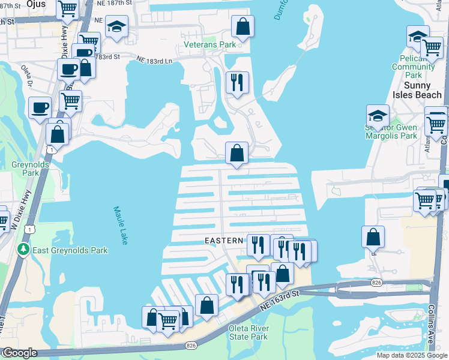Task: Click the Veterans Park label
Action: (209, 45)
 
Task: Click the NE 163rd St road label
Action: (279, 299)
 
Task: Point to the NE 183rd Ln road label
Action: (154, 60)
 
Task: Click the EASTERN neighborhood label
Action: (224, 241)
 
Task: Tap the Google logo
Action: (20, 353)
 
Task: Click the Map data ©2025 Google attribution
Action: (411, 355)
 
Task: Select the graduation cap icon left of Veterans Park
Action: (116, 28)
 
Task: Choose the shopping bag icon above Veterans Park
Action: (243, 26)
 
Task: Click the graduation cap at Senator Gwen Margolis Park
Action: (378, 115)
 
